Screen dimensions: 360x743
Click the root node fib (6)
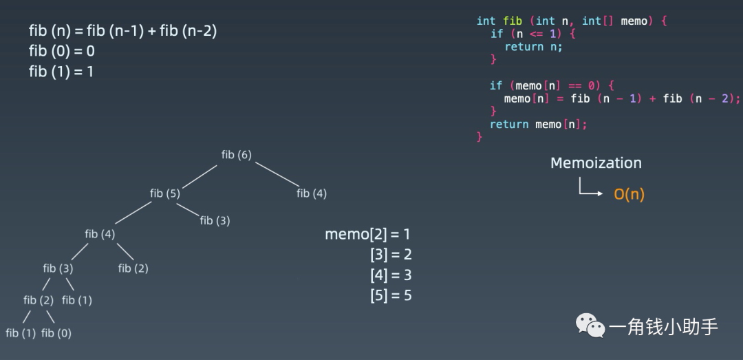pyautogui.click(x=236, y=155)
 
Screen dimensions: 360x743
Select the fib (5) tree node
pyautogui.click(x=165, y=193)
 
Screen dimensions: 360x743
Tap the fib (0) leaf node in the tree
pyautogui.click(x=56, y=333)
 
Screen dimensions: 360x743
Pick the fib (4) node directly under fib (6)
pyautogui.click(x=312, y=193)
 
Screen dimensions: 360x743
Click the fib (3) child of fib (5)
pyautogui.click(x=215, y=220)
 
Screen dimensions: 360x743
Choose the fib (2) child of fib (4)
pyautogui.click(x=133, y=268)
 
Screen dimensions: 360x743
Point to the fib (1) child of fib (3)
pyautogui.click(x=76, y=300)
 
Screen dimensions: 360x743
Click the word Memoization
pyautogui.click(x=596, y=163)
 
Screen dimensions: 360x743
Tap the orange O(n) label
pyautogui.click(x=629, y=194)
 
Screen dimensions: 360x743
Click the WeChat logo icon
pyautogui.click(x=590, y=325)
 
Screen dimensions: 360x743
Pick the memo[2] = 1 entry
pyautogui.click(x=367, y=234)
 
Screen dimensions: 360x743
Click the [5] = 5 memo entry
pyautogui.click(x=390, y=296)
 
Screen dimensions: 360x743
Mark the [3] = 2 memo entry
pyautogui.click(x=390, y=255)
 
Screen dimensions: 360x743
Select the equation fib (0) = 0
pyautogui.click(x=62, y=51)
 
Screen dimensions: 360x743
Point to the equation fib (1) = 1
pyautogui.click(x=61, y=71)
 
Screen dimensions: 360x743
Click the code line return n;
pyautogui.click(x=533, y=47)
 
